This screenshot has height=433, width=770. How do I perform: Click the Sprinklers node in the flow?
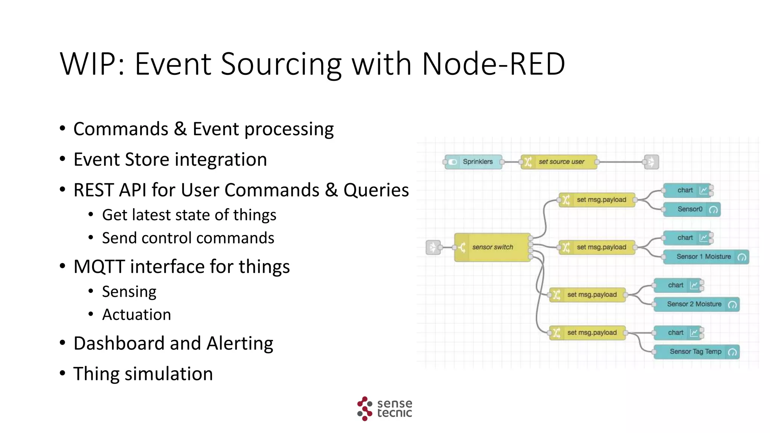pos(473,162)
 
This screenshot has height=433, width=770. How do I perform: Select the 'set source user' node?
pos(559,162)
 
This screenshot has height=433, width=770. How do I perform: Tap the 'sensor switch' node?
pos(493,247)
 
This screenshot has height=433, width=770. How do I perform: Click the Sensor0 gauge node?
pos(691,209)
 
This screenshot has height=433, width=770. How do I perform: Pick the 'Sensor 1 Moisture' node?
pos(706,257)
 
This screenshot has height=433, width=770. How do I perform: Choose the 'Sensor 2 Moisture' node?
pos(696,304)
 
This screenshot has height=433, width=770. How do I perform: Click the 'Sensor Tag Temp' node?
pos(696,352)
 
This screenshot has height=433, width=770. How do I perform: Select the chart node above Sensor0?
pos(687,190)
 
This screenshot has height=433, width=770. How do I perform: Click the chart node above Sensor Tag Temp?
pos(678,333)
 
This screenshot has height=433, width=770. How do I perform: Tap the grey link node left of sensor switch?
pos(433,247)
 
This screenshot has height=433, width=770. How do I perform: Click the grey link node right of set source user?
pos(651,162)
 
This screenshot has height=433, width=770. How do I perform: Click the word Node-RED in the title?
pos(493,64)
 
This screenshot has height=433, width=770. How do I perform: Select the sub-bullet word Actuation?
pos(136,315)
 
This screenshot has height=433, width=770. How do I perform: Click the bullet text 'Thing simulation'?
pos(143,374)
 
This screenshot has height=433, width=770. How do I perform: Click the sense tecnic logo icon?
pos(364,409)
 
